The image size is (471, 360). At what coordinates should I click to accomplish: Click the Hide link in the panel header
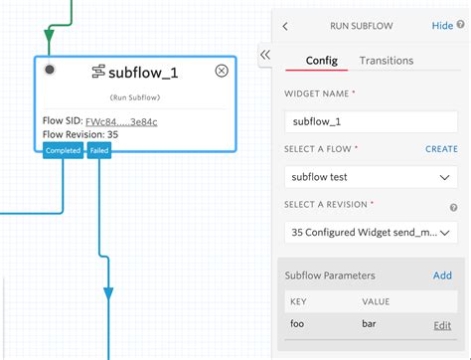pyautogui.click(x=442, y=26)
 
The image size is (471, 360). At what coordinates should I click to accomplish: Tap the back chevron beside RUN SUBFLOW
pyautogui.click(x=286, y=27)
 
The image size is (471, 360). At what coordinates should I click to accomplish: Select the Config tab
pyautogui.click(x=321, y=61)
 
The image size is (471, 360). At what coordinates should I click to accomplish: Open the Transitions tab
pyautogui.click(x=387, y=61)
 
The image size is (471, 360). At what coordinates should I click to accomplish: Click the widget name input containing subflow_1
pyautogui.click(x=370, y=120)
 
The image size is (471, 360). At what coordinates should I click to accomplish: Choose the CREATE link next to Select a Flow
pyautogui.click(x=441, y=148)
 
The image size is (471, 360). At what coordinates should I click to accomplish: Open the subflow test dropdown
pyautogui.click(x=370, y=177)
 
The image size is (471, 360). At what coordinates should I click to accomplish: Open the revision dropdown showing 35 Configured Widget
pyautogui.click(x=370, y=232)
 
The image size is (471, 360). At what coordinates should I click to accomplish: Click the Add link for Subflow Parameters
pyautogui.click(x=442, y=275)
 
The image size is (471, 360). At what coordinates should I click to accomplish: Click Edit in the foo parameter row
pyautogui.click(x=442, y=325)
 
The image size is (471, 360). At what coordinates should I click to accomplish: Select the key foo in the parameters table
pyautogui.click(x=297, y=324)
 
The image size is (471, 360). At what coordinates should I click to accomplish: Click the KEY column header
pyautogui.click(x=298, y=299)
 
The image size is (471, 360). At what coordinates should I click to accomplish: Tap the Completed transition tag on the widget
pyautogui.click(x=64, y=151)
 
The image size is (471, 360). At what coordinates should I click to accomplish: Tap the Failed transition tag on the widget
pyautogui.click(x=99, y=151)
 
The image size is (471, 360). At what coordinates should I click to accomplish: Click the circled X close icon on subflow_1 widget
pyautogui.click(x=222, y=71)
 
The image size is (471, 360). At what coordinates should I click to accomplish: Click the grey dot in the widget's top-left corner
pyautogui.click(x=50, y=70)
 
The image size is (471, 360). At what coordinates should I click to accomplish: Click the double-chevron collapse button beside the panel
pyautogui.click(x=265, y=56)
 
